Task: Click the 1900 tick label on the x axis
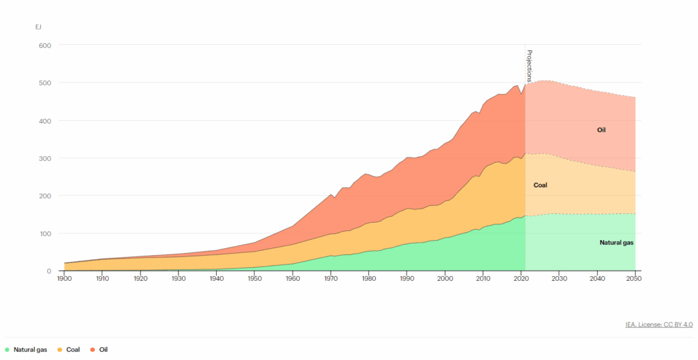64,280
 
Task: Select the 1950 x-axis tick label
254,280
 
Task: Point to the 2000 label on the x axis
445,280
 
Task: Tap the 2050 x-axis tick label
635,280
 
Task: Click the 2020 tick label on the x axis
521,280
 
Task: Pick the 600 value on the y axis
45,45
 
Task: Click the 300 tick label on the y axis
45,158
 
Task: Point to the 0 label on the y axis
49,271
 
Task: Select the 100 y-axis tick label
45,233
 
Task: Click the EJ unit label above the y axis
39,27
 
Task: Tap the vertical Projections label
530,65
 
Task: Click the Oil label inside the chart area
601,130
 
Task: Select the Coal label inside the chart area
541,185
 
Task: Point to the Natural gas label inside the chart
617,242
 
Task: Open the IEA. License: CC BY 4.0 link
659,325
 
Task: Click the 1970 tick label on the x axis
331,280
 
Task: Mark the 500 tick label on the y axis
45,82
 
